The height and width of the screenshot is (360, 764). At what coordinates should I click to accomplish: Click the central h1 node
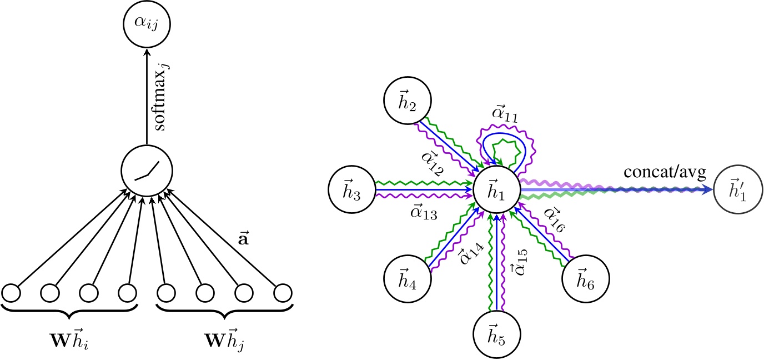496,189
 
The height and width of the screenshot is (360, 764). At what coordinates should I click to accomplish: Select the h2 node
408,103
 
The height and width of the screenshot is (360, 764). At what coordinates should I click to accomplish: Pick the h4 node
408,276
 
